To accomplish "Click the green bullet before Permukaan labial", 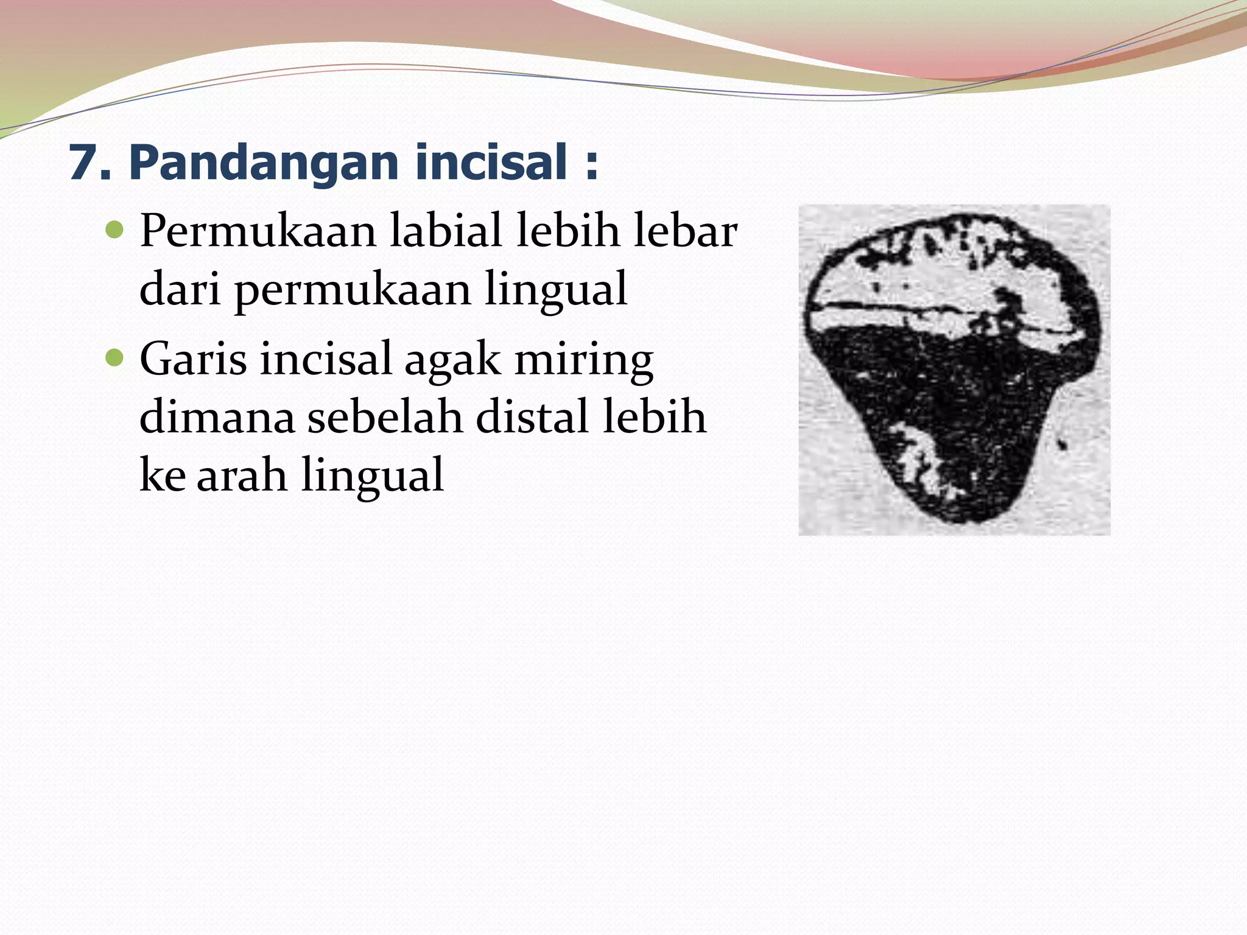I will [114, 231].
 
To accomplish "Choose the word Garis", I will [193, 359].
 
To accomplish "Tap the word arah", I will [242, 475].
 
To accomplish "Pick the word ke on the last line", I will [163, 475].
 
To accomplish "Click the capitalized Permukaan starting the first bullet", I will [258, 232].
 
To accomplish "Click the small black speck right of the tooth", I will [1063, 445].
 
